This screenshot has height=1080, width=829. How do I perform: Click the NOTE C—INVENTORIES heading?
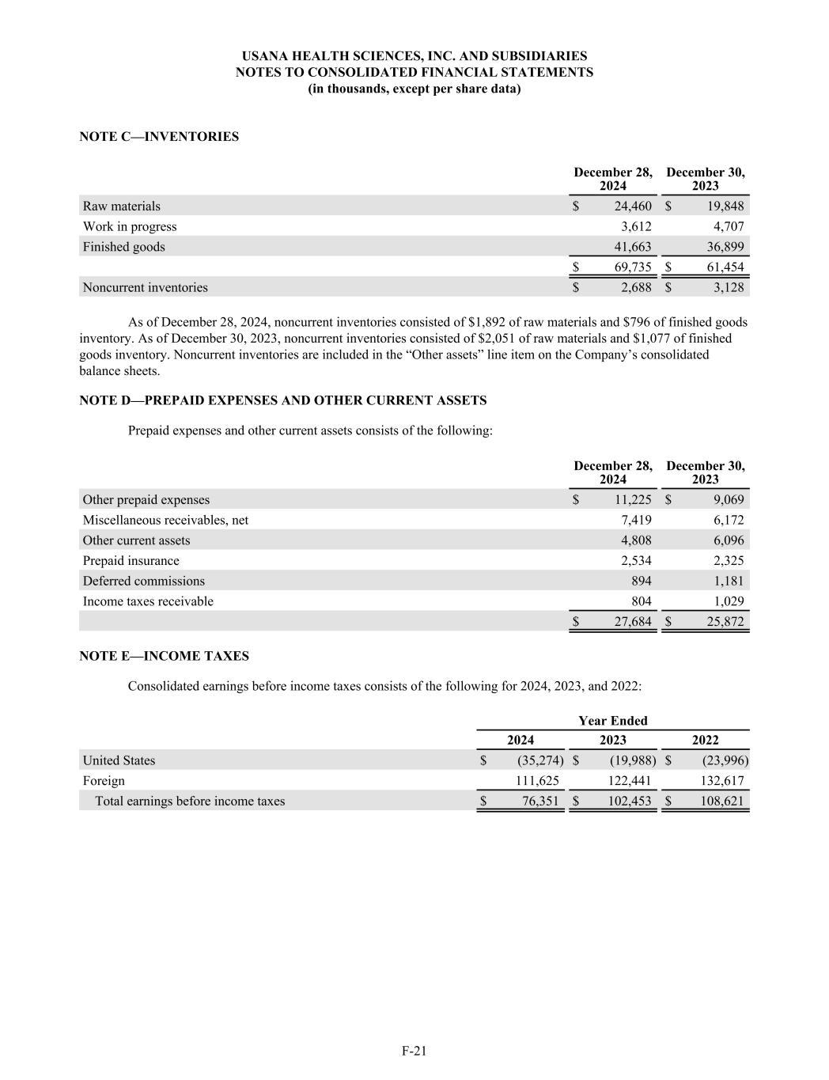click(x=159, y=137)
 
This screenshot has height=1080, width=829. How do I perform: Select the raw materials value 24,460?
click(x=633, y=207)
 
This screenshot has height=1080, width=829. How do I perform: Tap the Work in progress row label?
click(x=130, y=227)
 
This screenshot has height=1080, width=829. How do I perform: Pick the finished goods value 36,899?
click(x=725, y=247)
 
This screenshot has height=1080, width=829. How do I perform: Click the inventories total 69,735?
click(x=633, y=267)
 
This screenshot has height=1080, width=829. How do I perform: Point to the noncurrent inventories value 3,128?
click(x=729, y=288)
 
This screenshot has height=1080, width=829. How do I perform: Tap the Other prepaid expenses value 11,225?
click(x=633, y=500)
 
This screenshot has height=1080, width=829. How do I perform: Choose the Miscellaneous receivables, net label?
click(x=165, y=521)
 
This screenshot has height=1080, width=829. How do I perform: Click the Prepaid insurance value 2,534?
click(x=637, y=561)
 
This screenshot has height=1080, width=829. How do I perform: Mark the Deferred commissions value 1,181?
click(x=729, y=582)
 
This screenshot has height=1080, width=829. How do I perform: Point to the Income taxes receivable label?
click(x=148, y=602)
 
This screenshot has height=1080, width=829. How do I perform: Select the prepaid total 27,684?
click(x=633, y=622)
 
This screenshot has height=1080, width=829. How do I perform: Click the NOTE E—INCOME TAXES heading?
click(x=165, y=657)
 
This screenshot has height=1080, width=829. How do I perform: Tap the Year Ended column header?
click(x=612, y=721)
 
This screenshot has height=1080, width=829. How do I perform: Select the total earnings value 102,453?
click(x=629, y=801)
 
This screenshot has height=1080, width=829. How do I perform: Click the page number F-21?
click(x=414, y=1052)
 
